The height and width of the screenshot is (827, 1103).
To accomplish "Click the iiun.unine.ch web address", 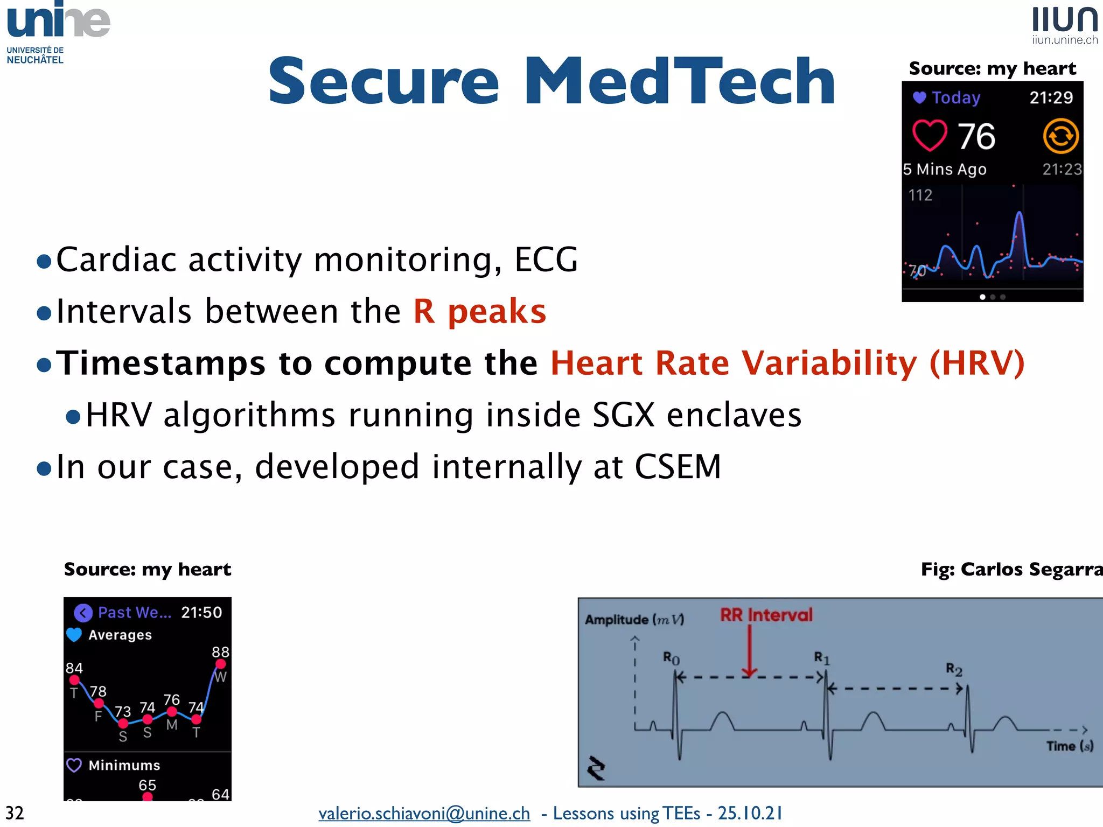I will point(1065,40).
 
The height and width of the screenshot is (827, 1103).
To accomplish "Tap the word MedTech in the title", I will point(680,82).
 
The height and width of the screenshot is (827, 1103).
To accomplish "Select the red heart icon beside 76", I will point(930,135).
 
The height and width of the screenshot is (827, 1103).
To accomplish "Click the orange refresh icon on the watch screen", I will point(1060,136).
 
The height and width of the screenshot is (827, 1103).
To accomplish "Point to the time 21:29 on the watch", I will point(1051,97).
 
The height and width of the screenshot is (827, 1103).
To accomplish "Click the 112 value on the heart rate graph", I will point(920,195).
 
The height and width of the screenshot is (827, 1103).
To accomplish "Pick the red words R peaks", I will point(479,311).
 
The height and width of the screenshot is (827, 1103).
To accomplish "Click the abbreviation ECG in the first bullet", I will point(546,260).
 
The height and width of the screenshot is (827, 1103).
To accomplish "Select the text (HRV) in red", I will point(977,363).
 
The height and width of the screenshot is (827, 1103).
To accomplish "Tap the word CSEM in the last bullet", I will point(678,466).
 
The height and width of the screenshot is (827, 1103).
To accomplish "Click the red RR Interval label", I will point(766,615).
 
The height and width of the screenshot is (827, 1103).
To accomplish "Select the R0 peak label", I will point(671,658).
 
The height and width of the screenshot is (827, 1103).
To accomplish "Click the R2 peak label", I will point(954,669).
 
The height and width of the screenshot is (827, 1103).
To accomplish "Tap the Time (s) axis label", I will point(1070,746).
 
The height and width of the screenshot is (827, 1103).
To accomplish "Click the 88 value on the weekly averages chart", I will point(220,652).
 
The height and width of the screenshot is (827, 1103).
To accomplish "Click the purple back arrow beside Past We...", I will point(83,613).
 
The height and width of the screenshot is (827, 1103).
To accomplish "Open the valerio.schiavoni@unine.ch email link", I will point(424,813).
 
